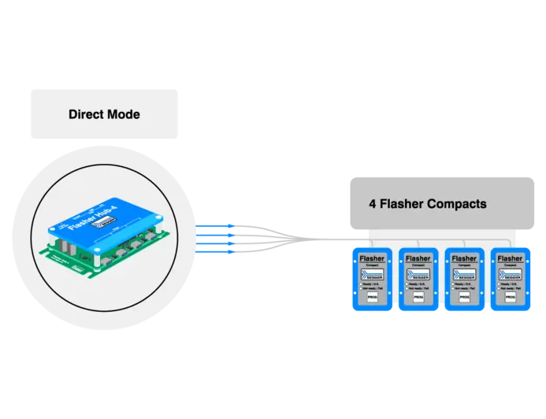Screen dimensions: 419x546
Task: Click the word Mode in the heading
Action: point(124,114)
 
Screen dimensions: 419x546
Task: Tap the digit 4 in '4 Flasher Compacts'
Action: point(373,204)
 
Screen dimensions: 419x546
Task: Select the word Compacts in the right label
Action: point(456,204)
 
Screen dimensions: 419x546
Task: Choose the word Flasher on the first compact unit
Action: point(372,258)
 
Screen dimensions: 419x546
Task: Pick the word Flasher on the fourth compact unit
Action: point(510,258)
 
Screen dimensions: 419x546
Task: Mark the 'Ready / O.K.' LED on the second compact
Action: point(407,284)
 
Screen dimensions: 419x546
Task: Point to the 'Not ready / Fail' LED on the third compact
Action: point(453,289)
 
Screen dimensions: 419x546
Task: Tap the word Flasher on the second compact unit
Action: point(418,258)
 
